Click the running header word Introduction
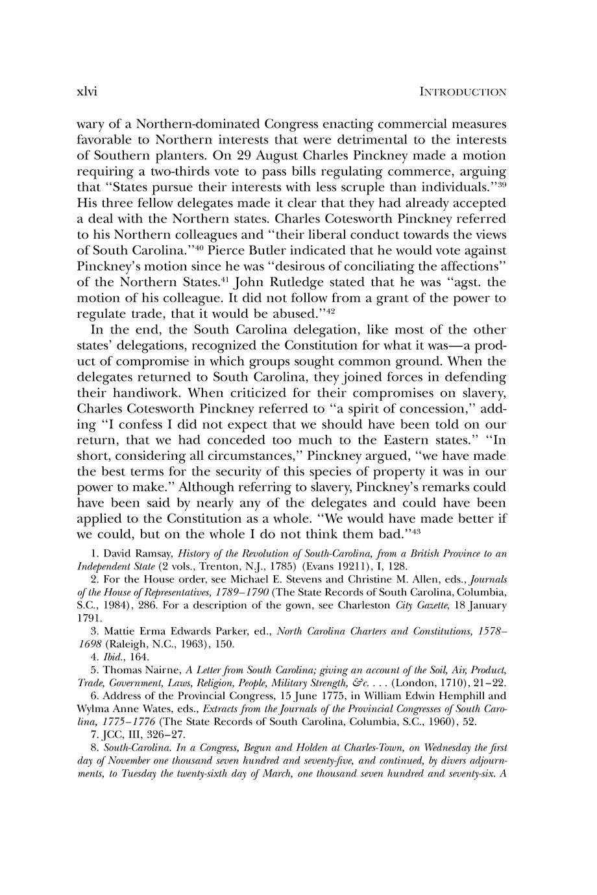click(x=463, y=92)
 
